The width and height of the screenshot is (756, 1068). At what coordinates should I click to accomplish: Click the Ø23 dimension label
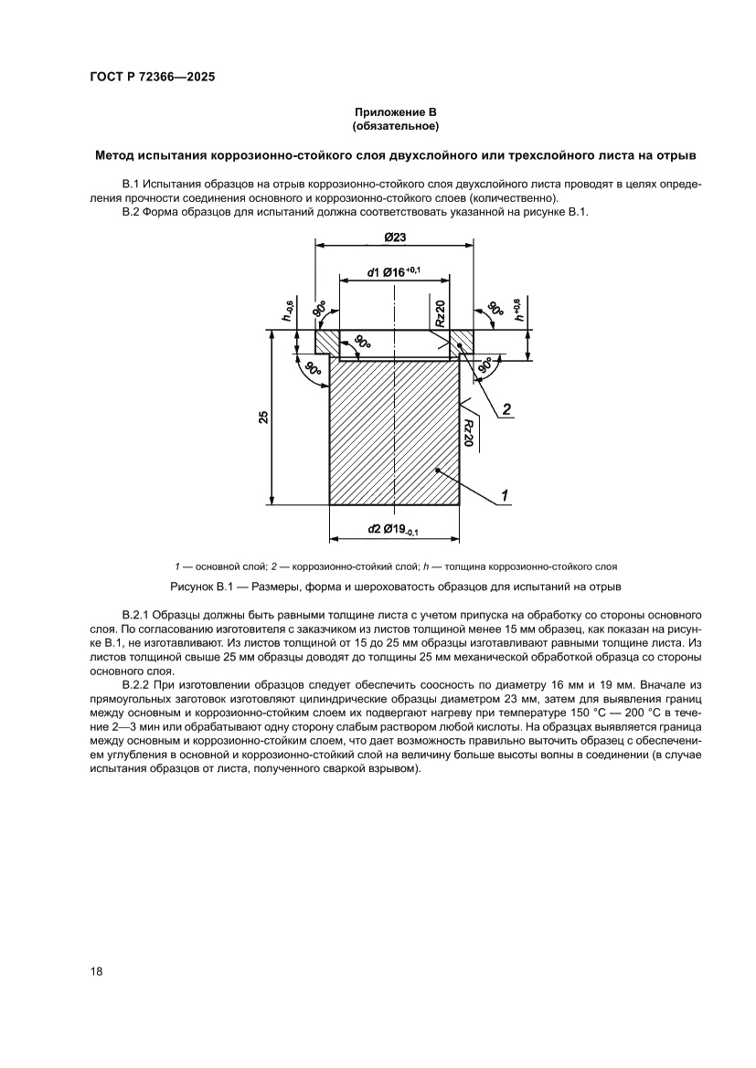point(395,236)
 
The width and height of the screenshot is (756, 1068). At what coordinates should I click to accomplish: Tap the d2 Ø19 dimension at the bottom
point(393,530)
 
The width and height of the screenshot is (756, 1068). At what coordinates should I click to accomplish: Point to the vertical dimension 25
point(263,418)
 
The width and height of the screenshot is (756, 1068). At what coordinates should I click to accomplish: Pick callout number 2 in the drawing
point(506,408)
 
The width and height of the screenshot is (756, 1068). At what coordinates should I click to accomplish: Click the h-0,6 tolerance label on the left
point(288,312)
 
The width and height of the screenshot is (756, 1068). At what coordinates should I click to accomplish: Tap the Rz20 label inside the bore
point(440,312)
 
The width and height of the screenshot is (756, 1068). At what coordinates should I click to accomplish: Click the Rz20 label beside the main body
point(467,432)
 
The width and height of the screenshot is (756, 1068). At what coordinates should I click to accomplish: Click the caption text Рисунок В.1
point(203,585)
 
